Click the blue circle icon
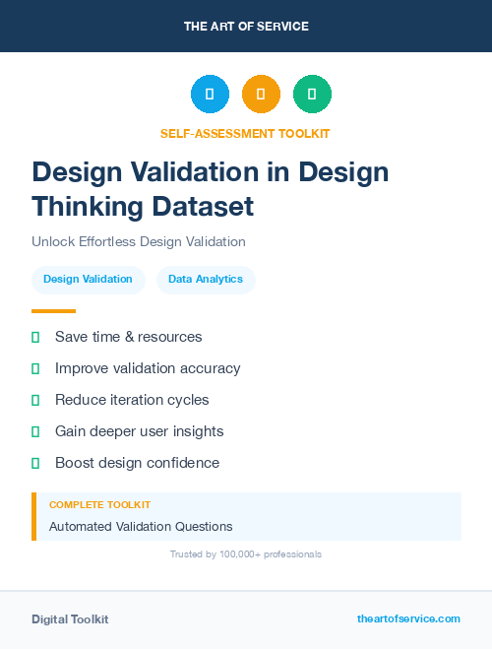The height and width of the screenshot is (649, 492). (x=210, y=94)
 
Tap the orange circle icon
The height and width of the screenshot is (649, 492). (x=261, y=94)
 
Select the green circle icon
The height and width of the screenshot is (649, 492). (x=312, y=94)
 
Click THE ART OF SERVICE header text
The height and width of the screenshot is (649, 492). (x=246, y=27)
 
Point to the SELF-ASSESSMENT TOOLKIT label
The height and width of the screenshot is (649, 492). (x=245, y=133)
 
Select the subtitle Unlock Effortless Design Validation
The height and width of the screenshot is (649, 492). (x=138, y=241)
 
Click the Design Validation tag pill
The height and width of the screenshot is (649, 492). (x=88, y=279)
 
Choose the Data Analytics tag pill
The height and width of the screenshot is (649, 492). (x=206, y=279)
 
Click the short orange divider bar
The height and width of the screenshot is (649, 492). (x=53, y=311)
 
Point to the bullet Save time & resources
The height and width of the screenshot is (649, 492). (x=128, y=337)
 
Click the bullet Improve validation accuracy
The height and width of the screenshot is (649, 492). (x=148, y=368)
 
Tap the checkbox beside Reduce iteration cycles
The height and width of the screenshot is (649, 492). (x=35, y=400)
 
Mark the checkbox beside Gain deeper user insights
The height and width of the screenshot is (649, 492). (x=35, y=431)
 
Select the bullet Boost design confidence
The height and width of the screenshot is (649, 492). (x=137, y=463)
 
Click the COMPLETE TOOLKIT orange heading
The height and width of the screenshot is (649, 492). (x=99, y=504)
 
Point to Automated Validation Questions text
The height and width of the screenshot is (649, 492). (x=141, y=527)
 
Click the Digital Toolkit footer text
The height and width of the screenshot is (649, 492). (x=70, y=619)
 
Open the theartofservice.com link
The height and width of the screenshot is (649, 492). (x=408, y=618)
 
